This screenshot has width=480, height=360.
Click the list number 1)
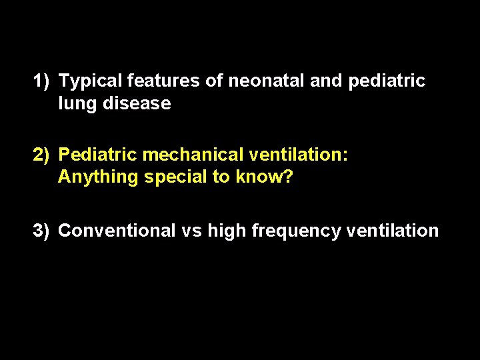pos(42,81)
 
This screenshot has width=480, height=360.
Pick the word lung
pos(75,104)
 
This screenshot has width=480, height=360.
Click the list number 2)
pos(42,155)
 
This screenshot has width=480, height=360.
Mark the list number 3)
pos(42,231)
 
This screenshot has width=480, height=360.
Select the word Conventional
pos(117,231)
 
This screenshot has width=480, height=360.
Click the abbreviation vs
pos(191,231)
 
